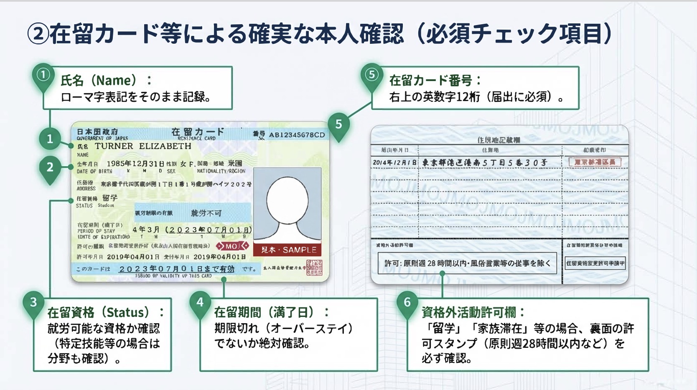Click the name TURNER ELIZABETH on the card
click(x=143, y=146)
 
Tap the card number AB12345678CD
click(x=297, y=135)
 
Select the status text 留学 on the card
click(x=110, y=198)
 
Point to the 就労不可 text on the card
click(x=206, y=213)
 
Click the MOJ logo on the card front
click(x=232, y=246)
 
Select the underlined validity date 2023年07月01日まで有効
click(x=177, y=269)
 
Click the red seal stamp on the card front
click(x=314, y=268)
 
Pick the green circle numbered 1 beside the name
click(x=50, y=139)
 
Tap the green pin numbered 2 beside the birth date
click(x=50, y=167)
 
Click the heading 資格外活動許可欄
click(x=472, y=312)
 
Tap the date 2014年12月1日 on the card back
click(x=394, y=162)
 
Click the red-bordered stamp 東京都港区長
click(x=595, y=162)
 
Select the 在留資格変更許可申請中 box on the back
click(x=595, y=263)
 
